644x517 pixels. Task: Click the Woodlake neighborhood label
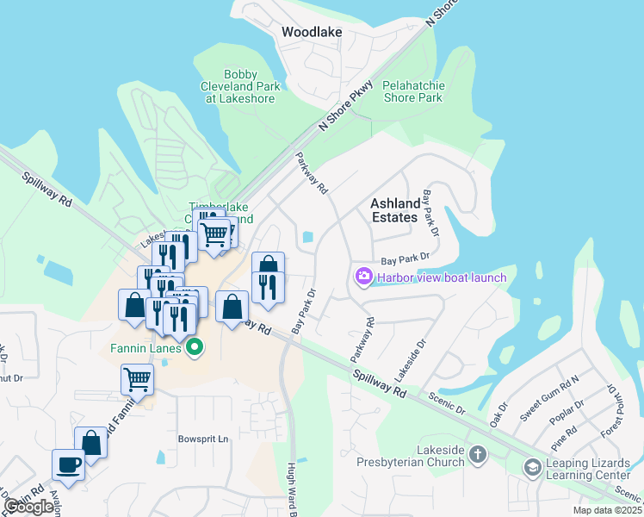pos(312,32)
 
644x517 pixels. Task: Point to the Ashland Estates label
pos(395,210)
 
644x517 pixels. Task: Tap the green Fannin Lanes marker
pos(195,348)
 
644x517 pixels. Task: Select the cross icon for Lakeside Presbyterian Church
pos(478,454)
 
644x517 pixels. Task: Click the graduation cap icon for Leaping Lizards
pos(533,466)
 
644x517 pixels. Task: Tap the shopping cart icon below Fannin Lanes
pos(138,378)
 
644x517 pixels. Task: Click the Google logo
pos(28,507)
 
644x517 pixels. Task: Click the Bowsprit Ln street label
pos(203,439)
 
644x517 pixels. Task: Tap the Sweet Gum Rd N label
pos(550,398)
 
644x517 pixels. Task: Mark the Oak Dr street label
pos(498,414)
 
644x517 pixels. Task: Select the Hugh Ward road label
pos(293,491)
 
